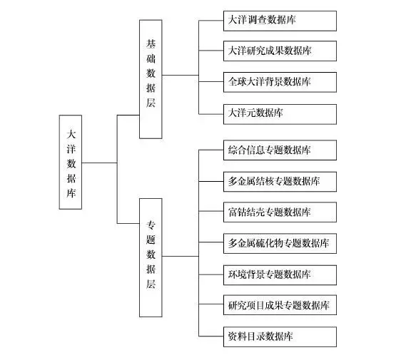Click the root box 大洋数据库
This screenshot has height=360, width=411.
point(71,162)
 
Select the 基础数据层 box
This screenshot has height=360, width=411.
point(151,79)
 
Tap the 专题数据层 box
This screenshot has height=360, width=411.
point(151,257)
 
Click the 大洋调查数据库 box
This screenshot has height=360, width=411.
point(280,21)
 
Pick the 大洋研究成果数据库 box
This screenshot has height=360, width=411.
point(280,51)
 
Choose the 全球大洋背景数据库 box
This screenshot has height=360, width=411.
point(280,82)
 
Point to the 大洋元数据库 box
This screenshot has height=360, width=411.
point(280,114)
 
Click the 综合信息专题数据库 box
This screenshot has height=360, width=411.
point(280,150)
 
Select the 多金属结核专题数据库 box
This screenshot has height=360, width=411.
point(280,182)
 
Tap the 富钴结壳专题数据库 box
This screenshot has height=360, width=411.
point(280,212)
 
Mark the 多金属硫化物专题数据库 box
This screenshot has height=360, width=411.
point(280,244)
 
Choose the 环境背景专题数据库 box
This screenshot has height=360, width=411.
point(280,275)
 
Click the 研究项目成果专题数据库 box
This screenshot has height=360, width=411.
point(280,305)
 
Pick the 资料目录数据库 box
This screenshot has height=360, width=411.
point(280,336)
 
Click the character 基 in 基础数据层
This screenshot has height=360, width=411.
point(151,44)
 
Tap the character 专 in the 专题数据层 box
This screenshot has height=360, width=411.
point(151,225)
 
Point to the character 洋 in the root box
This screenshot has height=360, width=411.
point(71,149)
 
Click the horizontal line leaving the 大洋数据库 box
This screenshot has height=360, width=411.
point(99,163)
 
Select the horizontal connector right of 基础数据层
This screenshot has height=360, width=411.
point(181,75)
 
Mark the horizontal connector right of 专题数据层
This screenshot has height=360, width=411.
point(181,256)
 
